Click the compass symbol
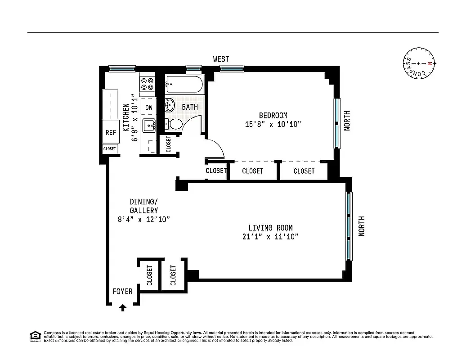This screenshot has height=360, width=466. [419, 64]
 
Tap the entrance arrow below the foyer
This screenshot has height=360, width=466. [123, 308]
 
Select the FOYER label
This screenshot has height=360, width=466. [123, 292]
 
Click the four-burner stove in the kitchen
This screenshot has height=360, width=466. [147, 84]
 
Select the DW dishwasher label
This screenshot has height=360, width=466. [148, 108]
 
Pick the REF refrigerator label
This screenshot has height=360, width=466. [111, 133]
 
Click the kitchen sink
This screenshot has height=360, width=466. [148, 126]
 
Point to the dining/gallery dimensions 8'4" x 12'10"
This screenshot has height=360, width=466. [143, 220]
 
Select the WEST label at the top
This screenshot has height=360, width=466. [221, 59]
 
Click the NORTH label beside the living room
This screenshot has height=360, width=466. [362, 226]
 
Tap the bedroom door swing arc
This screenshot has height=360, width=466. [216, 148]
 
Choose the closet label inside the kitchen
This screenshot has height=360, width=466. [109, 148]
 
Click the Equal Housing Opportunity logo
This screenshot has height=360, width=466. [35, 336]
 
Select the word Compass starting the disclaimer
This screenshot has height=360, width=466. [51, 333]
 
